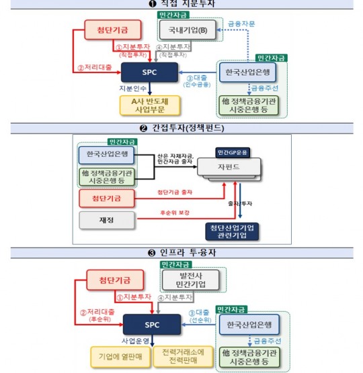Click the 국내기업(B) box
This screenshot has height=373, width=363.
coord(184,30)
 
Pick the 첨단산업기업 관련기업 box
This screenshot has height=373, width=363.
coord(233,232)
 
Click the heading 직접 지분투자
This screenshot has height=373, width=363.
coord(182,5)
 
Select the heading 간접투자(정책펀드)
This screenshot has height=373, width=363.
coord(182,127)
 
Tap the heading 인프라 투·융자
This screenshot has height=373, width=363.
coord(183,254)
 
